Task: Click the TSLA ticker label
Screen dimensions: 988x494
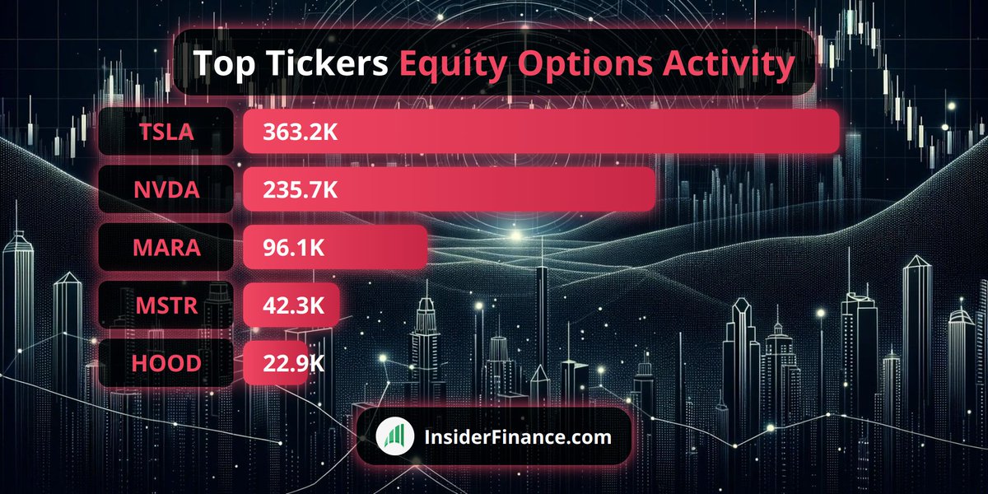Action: coord(166,132)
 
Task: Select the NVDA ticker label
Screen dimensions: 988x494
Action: coord(166,189)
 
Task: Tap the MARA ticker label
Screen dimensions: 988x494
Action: coord(166,248)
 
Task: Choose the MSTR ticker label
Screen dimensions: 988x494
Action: coord(166,305)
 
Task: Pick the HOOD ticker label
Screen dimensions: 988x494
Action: coord(166,363)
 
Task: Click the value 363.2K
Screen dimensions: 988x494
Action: coord(300,132)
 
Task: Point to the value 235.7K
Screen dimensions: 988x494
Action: coord(300,189)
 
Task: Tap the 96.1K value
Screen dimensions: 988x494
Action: coord(293,248)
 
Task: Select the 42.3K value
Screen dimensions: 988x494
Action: coord(293,305)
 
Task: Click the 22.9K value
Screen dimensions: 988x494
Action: coord(293,363)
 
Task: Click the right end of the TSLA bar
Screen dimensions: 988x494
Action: coord(838,132)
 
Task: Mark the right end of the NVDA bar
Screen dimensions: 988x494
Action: coord(655,189)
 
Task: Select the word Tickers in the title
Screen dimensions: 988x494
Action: coord(328,63)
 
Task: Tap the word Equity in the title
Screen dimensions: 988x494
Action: coord(453,64)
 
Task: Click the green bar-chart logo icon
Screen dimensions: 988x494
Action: coord(395,436)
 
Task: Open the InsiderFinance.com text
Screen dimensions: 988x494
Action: coord(518,437)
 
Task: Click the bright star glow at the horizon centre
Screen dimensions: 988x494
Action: coord(515,235)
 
